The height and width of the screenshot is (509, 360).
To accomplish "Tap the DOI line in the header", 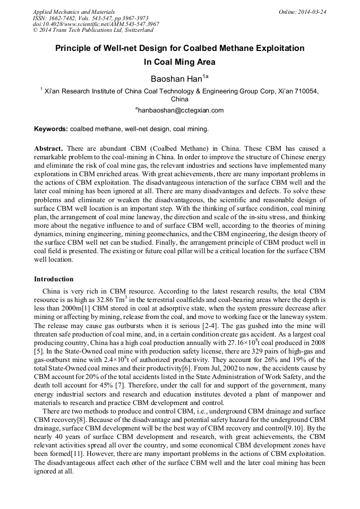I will coord(96,24).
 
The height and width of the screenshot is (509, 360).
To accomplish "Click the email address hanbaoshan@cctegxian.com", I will coord(180,110).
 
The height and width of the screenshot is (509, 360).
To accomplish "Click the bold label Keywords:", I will coord(51,129).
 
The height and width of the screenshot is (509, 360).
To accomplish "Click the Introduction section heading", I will coord(54,279).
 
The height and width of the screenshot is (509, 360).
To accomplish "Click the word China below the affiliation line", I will coord(180,99).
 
